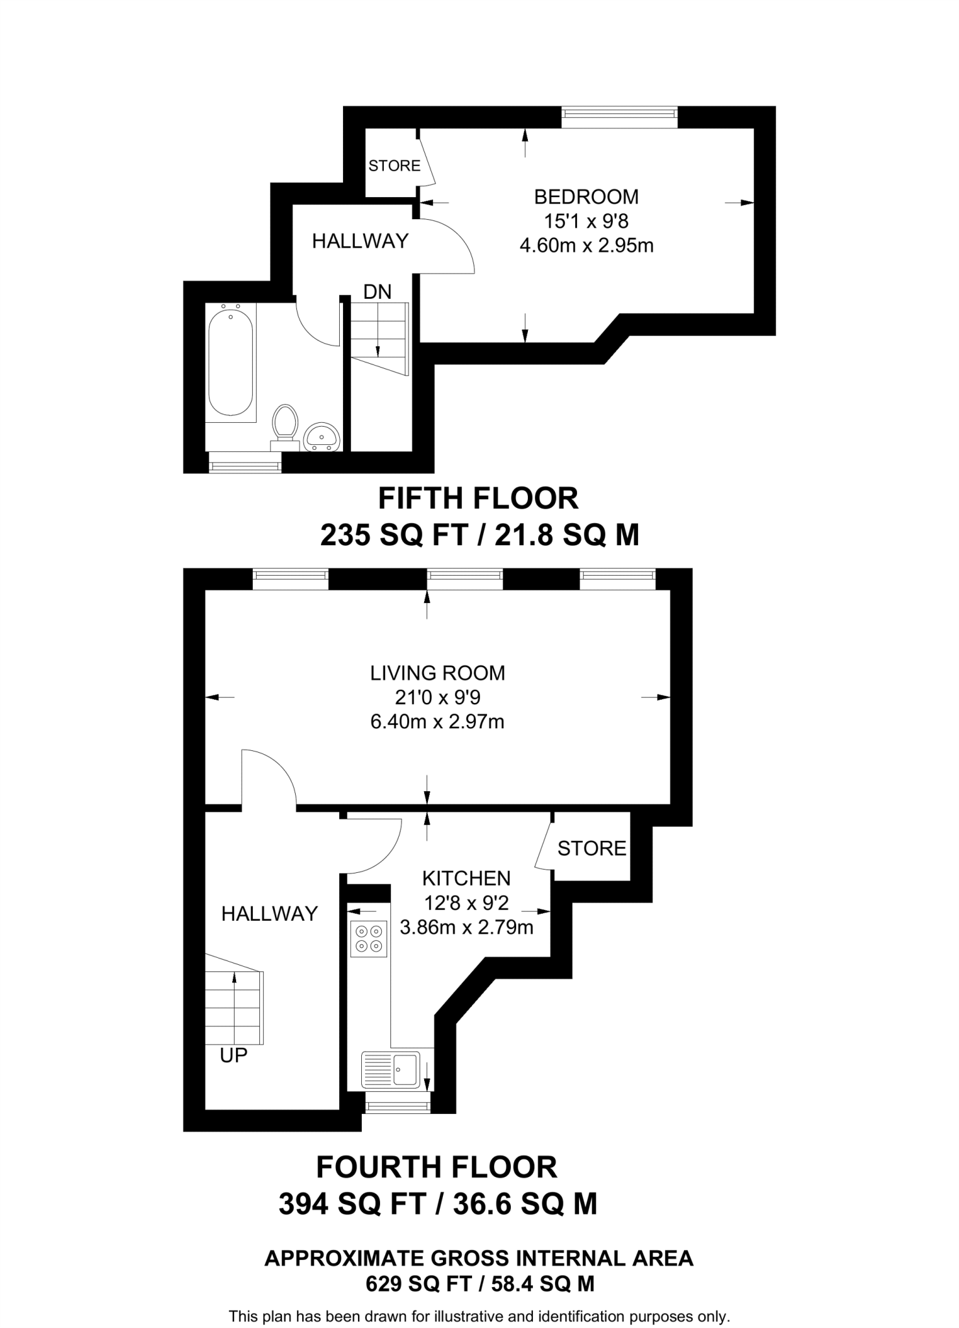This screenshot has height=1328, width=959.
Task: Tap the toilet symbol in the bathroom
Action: [x=285, y=424]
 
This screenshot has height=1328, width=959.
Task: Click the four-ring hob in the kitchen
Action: [x=368, y=939]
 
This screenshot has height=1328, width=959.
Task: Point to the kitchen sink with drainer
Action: [x=391, y=1069]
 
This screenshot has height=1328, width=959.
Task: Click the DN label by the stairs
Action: [x=377, y=292]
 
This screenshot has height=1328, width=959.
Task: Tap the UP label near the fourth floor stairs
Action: [x=233, y=1056]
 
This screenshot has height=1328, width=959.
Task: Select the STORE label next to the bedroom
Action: [x=394, y=166]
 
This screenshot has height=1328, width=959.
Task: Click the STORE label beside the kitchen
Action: [x=591, y=848]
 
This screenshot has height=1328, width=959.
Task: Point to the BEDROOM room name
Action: [x=586, y=196]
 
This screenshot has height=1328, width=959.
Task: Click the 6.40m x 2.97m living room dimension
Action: [x=437, y=722]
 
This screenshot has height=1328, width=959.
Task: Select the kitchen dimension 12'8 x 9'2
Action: [x=466, y=903]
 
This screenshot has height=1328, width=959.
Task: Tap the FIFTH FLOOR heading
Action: [x=478, y=499]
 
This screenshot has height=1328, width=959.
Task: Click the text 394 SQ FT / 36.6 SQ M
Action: [x=438, y=1204]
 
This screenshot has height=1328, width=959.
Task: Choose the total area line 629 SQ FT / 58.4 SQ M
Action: [x=479, y=1283]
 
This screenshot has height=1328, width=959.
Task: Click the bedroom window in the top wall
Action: [x=619, y=117]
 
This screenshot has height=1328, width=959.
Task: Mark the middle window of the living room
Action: [x=465, y=578]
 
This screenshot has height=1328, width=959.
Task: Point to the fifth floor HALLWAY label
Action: [x=360, y=241]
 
